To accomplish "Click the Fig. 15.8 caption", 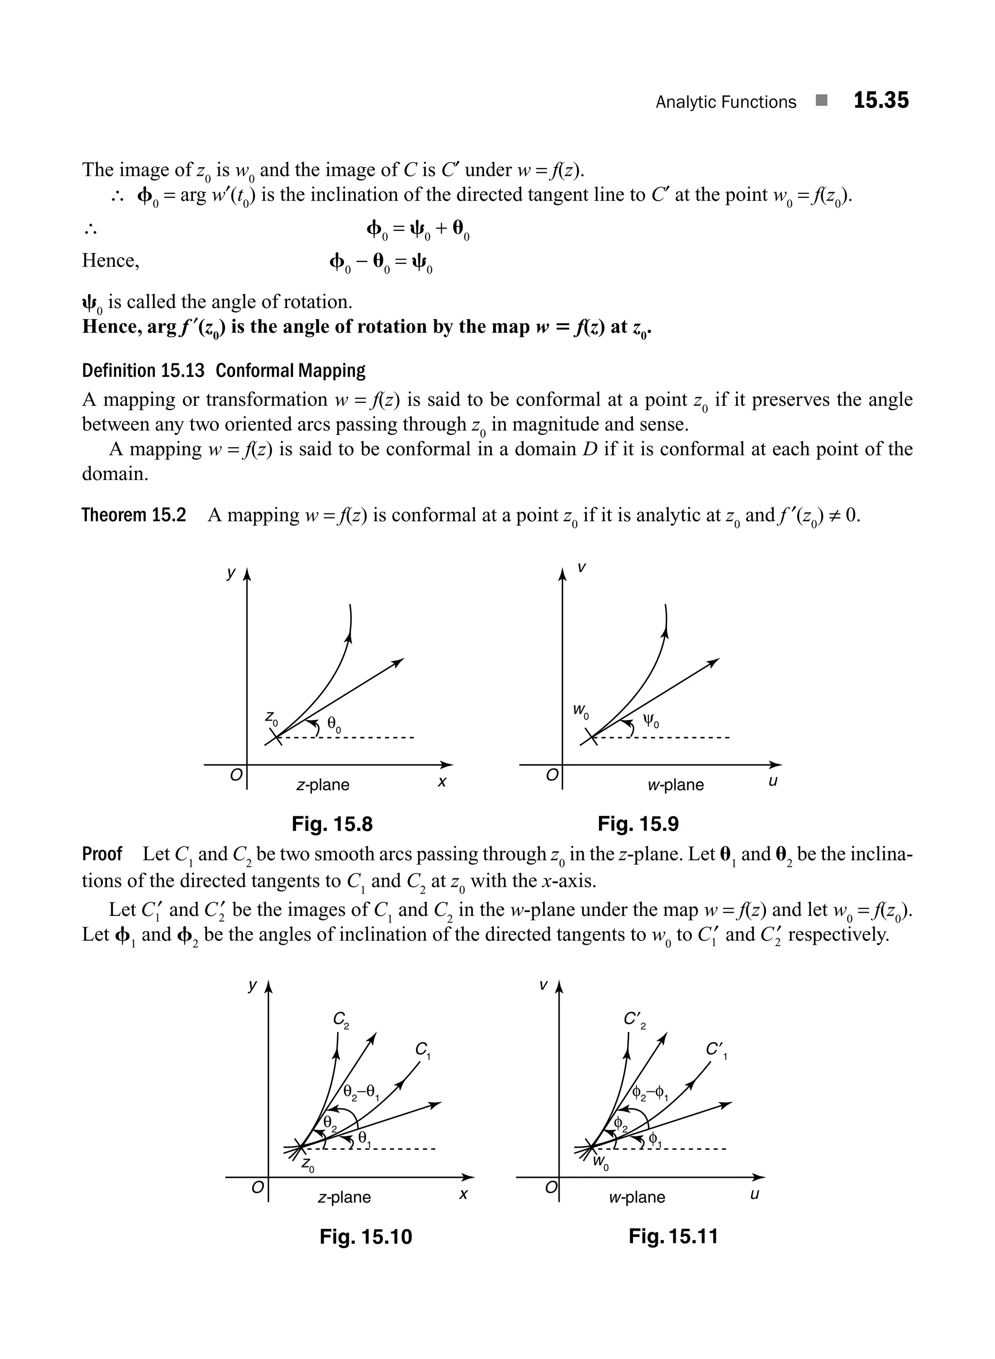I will (x=332, y=824).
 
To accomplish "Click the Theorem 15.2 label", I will (x=134, y=516).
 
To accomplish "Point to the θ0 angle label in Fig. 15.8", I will (x=334, y=724).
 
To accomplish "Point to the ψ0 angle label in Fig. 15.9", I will (x=651, y=721).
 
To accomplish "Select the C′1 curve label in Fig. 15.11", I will (x=716, y=1050).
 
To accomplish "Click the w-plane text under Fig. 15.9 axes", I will (x=675, y=785).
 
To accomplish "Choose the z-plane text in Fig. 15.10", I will (x=344, y=1197).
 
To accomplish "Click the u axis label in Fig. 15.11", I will (x=755, y=1193).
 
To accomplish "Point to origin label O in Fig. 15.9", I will (x=551, y=775).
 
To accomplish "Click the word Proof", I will (x=102, y=854).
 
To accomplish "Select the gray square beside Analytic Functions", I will (x=822, y=101).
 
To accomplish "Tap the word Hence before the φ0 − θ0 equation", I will (x=110, y=261).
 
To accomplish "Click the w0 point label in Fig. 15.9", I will (x=581, y=711).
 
